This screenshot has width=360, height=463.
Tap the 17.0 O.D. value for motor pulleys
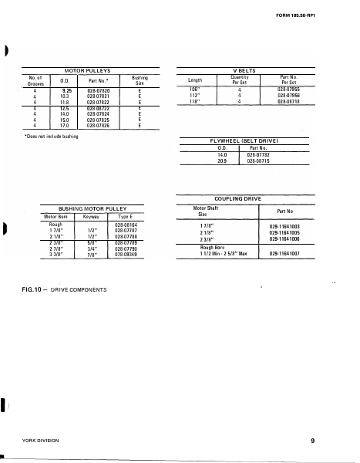(x=56, y=125)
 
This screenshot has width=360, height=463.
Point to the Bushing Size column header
(x=140, y=79)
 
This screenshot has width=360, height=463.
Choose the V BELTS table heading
(x=244, y=69)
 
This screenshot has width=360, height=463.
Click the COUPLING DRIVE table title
(x=244, y=198)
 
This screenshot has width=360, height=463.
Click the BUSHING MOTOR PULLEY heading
(x=92, y=208)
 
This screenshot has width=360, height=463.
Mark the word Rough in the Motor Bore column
(x=56, y=224)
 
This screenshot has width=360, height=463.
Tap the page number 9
(x=313, y=441)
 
